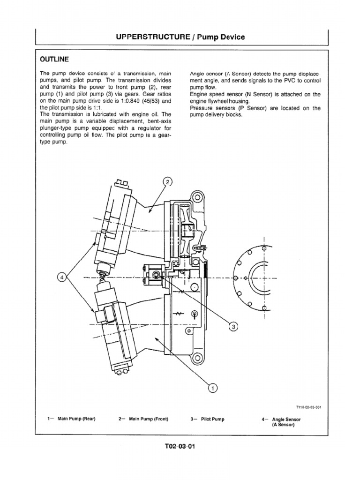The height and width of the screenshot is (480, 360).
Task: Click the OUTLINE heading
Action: pyautogui.click(x=54, y=60)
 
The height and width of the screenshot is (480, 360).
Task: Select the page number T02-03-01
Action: pyautogui.click(x=179, y=446)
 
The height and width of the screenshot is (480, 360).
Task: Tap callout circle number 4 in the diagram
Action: pyautogui.click(x=61, y=277)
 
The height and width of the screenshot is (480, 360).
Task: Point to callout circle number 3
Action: pyautogui.click(x=233, y=327)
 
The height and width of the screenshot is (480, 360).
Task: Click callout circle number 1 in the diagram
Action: pyautogui.click(x=212, y=388)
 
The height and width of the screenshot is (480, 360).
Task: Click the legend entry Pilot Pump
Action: pyautogui.click(x=213, y=419)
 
